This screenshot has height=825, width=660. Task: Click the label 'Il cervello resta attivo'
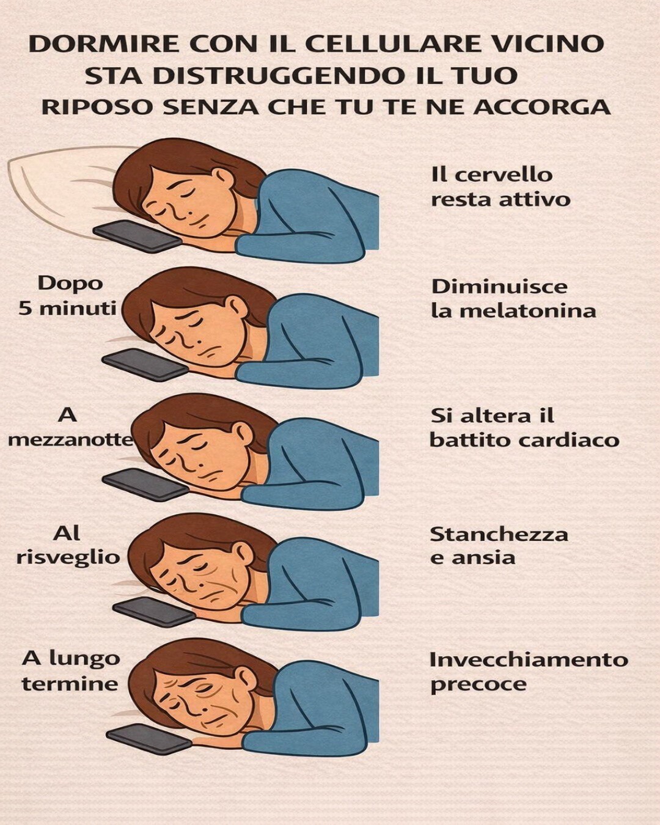[x=501, y=188]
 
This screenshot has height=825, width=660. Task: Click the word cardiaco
[x=568, y=440]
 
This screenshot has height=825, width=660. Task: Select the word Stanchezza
[x=499, y=534]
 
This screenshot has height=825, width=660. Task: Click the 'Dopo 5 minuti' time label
[x=67, y=295]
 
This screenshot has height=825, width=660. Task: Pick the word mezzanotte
[x=70, y=440]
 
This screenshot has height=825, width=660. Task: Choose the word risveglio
[x=68, y=558]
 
